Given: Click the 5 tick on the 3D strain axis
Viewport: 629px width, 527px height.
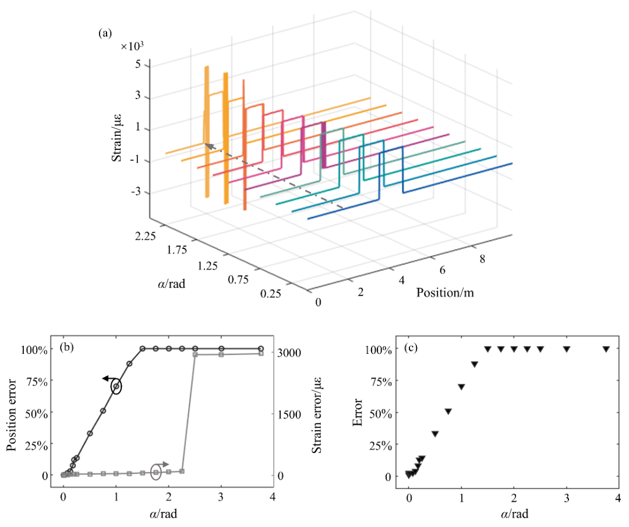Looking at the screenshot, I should click(138, 65).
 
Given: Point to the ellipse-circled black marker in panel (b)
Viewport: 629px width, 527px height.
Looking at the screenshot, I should click(116, 387).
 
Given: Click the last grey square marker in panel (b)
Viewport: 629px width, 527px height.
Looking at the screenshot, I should click(260, 353).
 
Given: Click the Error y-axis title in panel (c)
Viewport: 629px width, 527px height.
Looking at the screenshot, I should click(358, 413).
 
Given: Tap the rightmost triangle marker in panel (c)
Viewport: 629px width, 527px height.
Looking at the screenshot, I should click(606, 349).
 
